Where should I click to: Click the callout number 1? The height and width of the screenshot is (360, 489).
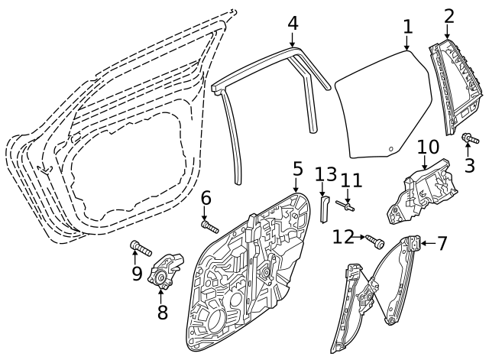pos(407,27)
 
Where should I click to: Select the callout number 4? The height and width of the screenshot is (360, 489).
pos(293,23)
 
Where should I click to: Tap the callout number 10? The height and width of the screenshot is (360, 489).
pos(428,147)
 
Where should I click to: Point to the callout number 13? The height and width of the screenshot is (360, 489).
pos(326,174)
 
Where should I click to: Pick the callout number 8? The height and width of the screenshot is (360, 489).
pos(163,312)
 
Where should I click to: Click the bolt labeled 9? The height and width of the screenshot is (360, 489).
pos(141,248)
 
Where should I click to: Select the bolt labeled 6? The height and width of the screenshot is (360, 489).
pos(210,227)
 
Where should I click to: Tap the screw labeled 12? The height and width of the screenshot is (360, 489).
pos(375,242)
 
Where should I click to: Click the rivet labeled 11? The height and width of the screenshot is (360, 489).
pos(345,206)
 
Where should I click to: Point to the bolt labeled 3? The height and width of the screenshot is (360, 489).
pos(470,138)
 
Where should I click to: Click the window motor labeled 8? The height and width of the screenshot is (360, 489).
pos(165,270)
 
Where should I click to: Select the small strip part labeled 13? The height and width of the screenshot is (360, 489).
pos(324,209)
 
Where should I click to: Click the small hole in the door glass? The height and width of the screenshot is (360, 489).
pos(390,148)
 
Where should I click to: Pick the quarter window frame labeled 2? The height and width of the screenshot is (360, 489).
pos(454,87)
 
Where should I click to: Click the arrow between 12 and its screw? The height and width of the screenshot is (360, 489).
pos(360,237)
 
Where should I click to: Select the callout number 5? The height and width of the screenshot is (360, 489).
pos(298,169)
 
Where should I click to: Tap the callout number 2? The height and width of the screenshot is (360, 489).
pos(449,16)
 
